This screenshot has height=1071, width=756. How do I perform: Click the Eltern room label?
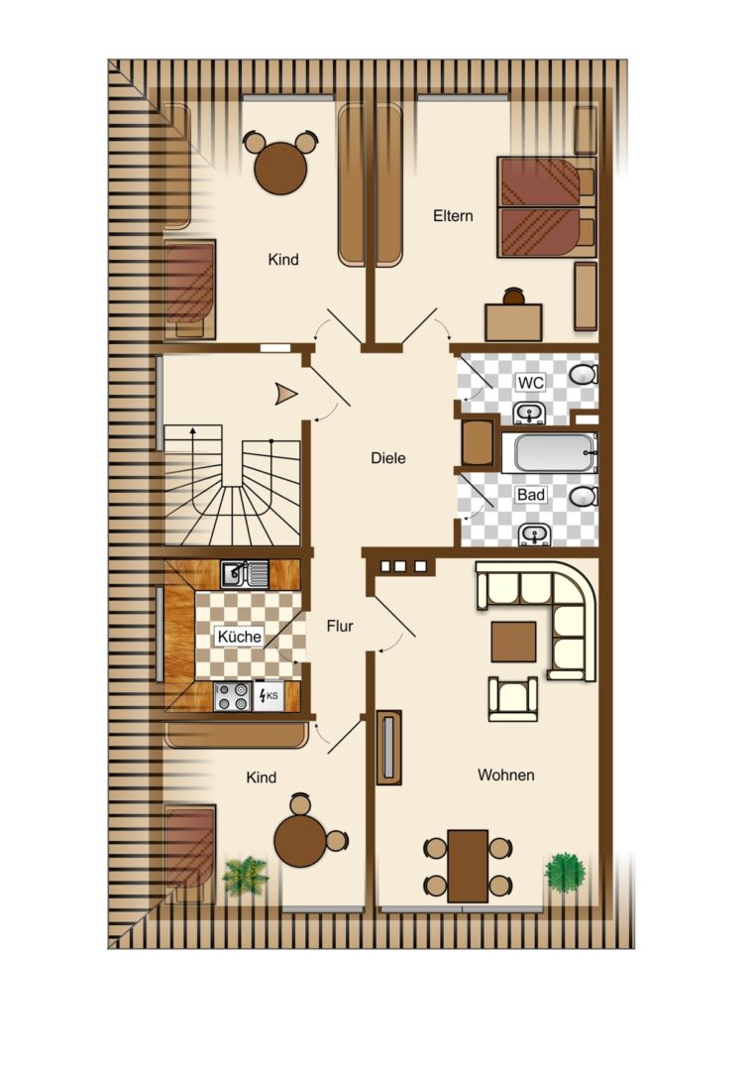453,216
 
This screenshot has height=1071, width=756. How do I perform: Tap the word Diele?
388,458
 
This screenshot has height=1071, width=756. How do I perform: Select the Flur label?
340,626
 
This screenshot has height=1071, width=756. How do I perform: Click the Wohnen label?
505,775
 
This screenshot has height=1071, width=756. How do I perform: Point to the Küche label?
240,637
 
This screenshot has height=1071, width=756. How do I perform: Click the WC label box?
531,383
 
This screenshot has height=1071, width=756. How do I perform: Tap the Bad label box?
531,494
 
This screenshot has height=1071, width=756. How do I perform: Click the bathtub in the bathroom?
550,453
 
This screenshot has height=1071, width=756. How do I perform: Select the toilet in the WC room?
584,374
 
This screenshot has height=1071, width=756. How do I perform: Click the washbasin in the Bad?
534,534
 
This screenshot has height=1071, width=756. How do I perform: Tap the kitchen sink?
245,574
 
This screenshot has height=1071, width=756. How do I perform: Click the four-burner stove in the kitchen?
232,697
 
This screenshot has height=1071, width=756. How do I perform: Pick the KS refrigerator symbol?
269,696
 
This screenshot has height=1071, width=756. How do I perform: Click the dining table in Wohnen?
468,866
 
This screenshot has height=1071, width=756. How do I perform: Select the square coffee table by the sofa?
514,642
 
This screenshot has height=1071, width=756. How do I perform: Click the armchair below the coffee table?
513,699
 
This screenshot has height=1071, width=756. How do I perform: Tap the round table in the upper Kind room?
280,168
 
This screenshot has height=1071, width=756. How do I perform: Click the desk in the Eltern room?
514,322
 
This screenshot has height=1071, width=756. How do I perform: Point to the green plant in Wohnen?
565,873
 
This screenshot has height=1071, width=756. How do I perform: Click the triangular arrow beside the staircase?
286,394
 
